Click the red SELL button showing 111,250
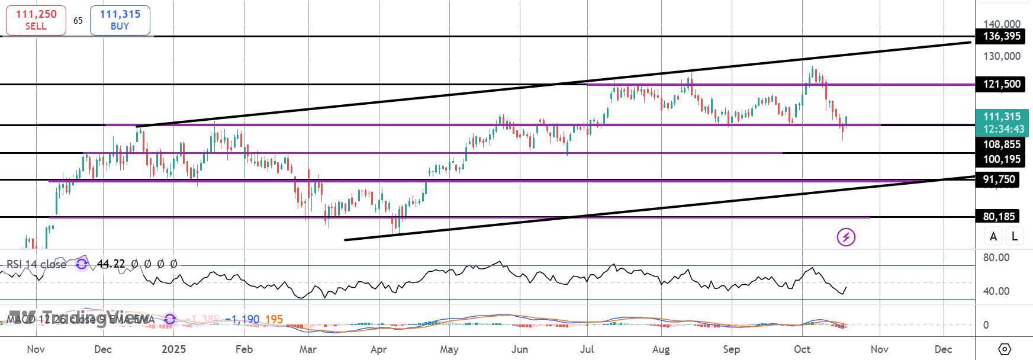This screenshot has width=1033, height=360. pyautogui.click(x=36, y=20)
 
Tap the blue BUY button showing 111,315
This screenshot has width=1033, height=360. pyautogui.click(x=120, y=20)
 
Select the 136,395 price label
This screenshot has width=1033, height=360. pyautogui.click(x=1002, y=36)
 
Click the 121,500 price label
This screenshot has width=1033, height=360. pyautogui.click(x=1002, y=84)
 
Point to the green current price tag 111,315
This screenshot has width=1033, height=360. pyautogui.click(x=1002, y=123)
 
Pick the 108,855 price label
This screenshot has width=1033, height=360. pyautogui.click(x=1002, y=144)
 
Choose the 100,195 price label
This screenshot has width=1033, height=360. pyautogui.click(x=1002, y=159)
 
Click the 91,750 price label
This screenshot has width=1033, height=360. pyautogui.click(x=999, y=179)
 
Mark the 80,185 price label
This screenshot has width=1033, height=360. pyautogui.click(x=999, y=217)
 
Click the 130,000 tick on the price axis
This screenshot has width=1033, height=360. pyautogui.click(x=1002, y=56)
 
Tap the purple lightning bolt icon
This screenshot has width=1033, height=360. pyautogui.click(x=846, y=237)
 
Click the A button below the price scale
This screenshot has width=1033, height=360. pyautogui.click(x=993, y=236)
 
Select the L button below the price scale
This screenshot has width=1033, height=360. pyautogui.click(x=1015, y=236)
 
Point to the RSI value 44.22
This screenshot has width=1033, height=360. pyautogui.click(x=111, y=264)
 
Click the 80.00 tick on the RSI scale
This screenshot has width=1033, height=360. pyautogui.click(x=996, y=258)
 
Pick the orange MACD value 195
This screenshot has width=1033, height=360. pyautogui.click(x=273, y=320)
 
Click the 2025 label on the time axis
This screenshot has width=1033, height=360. pyautogui.click(x=173, y=349)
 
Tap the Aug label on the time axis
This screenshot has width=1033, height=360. pyautogui.click(x=661, y=349)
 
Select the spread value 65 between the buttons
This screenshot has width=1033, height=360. pyautogui.click(x=78, y=20)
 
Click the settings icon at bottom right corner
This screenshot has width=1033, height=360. pyautogui.click(x=1005, y=349)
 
